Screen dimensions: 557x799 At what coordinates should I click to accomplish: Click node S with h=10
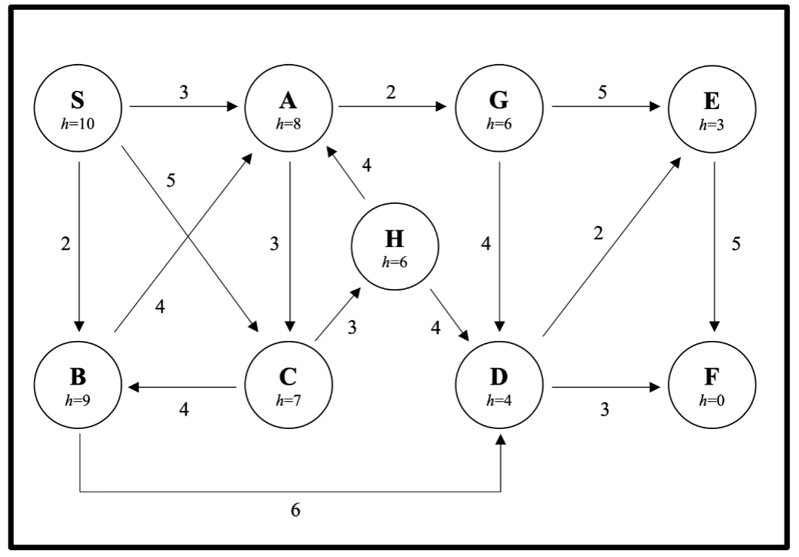click(x=78, y=107)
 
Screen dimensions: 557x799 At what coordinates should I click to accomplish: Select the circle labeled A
click(x=289, y=107)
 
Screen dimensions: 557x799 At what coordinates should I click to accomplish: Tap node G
click(x=501, y=107)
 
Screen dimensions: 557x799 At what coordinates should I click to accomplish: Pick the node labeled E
click(x=712, y=107)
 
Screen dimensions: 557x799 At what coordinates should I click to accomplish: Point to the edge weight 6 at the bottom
click(x=295, y=510)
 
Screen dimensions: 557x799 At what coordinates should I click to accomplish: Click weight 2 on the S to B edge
click(x=66, y=245)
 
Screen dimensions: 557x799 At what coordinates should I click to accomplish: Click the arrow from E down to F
click(x=714, y=248)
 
